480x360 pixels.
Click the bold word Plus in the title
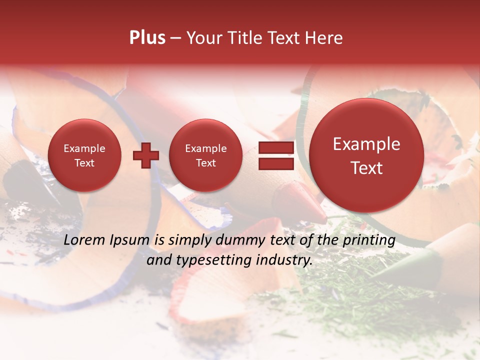pos(147,38)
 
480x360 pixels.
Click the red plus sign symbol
pos(145,156)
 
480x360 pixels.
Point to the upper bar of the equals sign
pos(275,147)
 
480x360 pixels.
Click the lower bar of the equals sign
pos(275,164)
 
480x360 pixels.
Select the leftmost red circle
pos(84,155)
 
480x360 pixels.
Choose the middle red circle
pos(205,155)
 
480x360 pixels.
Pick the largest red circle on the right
pos(366,155)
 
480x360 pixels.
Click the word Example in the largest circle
pos(366,144)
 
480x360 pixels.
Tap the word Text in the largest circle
pos(366,168)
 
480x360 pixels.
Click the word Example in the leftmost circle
pos(84,148)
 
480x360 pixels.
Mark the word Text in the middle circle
pos(205,163)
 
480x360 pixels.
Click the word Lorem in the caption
pos(84,240)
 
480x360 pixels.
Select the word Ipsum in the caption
pos(129,240)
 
